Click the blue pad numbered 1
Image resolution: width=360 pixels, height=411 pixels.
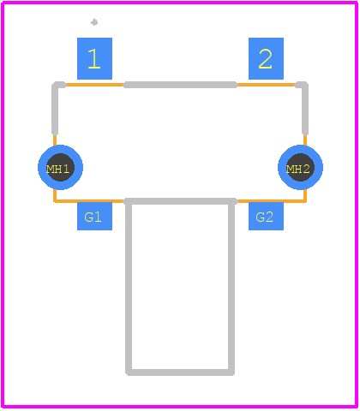tap(94, 58)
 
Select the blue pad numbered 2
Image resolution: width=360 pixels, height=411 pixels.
tap(266, 58)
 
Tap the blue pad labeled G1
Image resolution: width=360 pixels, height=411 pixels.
tap(94, 217)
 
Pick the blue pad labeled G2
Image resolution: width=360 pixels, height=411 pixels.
tap(266, 217)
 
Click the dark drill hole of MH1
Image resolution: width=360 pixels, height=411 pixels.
tap(60, 167)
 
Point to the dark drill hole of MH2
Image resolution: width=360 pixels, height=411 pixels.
tap(300, 167)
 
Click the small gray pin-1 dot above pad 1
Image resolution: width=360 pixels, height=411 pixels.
tap(94, 22)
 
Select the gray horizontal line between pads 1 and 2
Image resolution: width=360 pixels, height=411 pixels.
tap(180, 85)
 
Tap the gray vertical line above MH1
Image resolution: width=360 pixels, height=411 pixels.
tap(55, 110)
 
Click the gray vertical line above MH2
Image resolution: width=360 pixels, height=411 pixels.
tap(305, 110)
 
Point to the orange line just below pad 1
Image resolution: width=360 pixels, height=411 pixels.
tap(94, 85)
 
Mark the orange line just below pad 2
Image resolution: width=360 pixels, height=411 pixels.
tap(266, 85)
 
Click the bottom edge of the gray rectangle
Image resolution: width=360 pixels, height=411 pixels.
tap(180, 372)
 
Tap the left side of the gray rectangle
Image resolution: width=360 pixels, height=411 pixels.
tap(129, 287)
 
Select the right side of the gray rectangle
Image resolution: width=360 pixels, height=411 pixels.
tap(231, 287)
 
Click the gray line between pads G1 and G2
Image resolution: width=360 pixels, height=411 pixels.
tap(180, 201)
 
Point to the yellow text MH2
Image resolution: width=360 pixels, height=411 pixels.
tap(298, 170)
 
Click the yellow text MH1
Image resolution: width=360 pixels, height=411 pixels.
tap(58, 170)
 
